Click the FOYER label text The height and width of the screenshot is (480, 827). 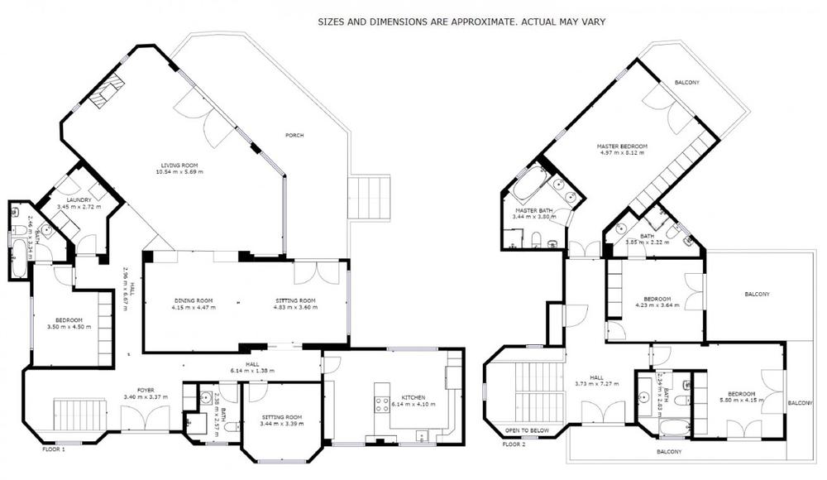[145, 389]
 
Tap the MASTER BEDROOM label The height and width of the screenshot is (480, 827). [622, 146]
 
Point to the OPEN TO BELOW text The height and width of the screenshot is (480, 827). [528, 430]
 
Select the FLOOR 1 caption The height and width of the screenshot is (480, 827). [54, 449]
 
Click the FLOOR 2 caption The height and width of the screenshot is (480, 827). [514, 444]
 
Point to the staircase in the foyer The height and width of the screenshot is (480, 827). [81, 410]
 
